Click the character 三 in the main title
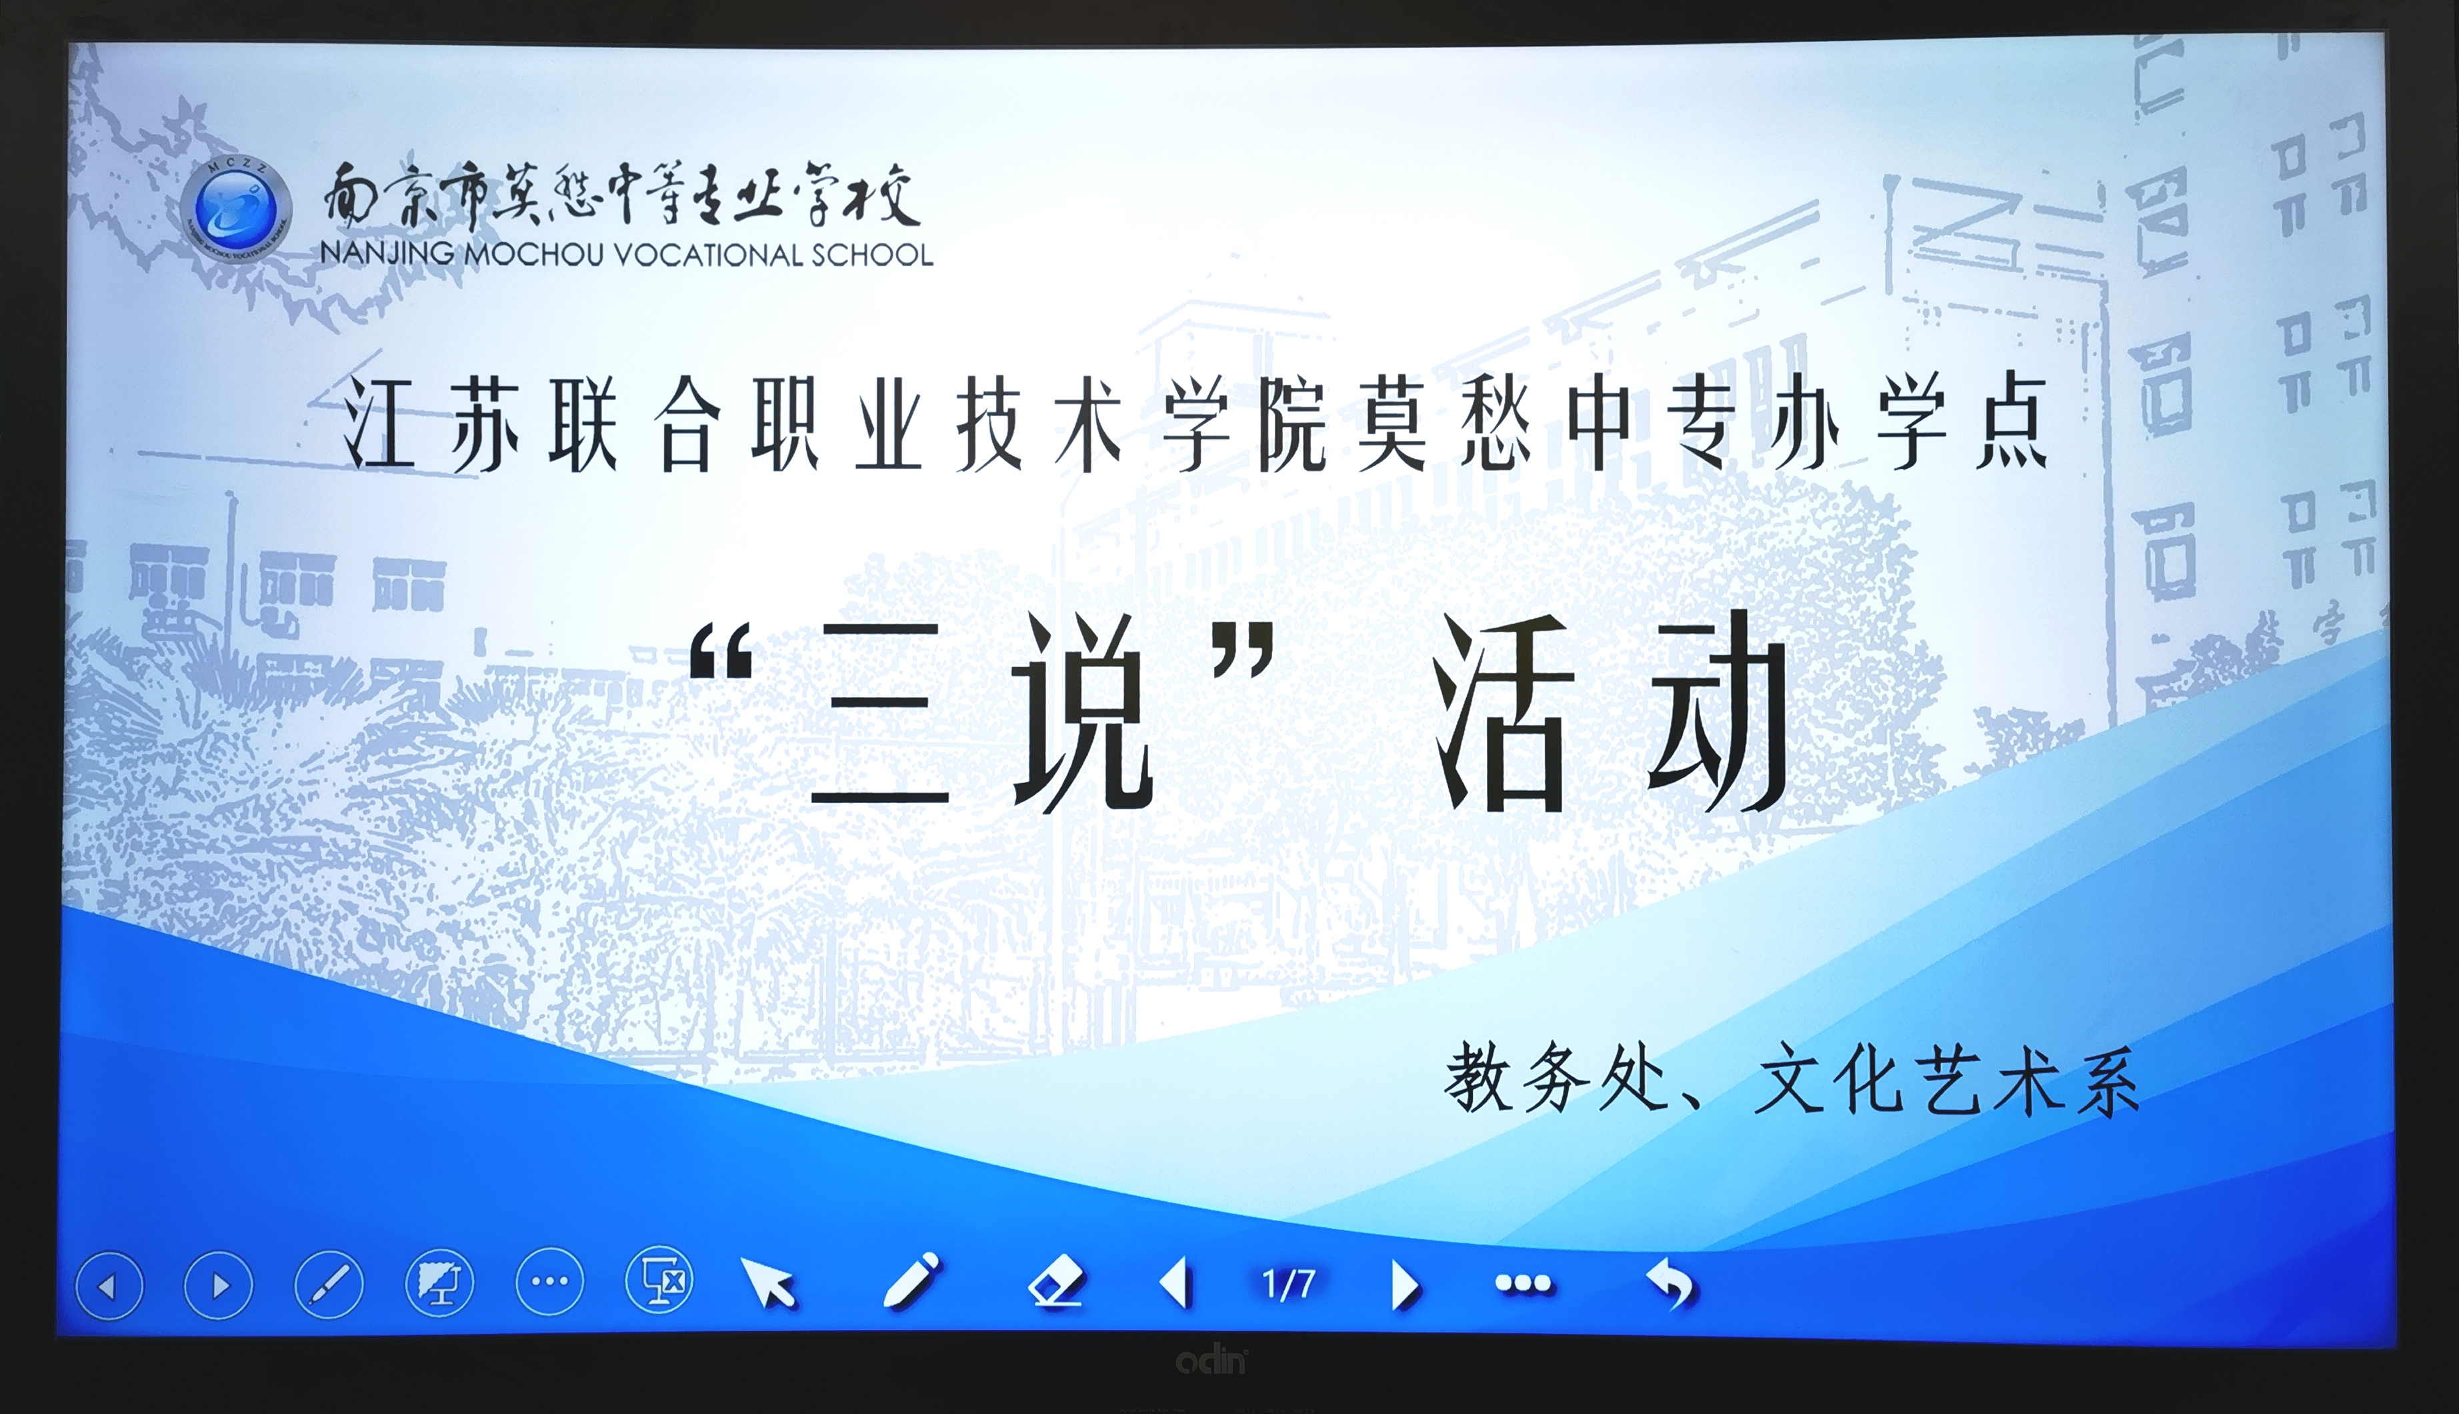[881, 715]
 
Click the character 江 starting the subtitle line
[379, 424]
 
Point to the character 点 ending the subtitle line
[2012, 424]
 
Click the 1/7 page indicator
[1288, 1284]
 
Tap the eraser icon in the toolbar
[1056, 1281]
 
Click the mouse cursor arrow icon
[768, 1282]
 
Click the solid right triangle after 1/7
[1405, 1285]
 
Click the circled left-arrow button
[109, 1285]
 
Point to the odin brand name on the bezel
[1211, 1361]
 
